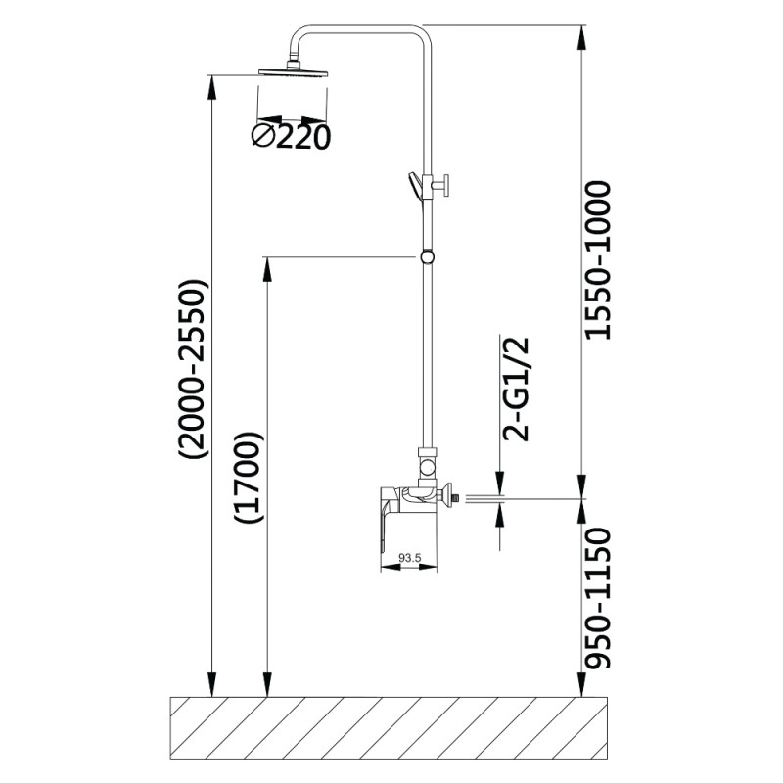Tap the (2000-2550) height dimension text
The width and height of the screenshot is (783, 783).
(193, 369)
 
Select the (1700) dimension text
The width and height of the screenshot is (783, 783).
(249, 477)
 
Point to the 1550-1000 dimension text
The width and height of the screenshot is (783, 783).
(597, 261)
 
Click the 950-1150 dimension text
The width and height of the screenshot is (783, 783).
(597, 598)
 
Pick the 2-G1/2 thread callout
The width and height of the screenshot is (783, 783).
(515, 390)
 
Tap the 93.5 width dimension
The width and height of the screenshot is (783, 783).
(409, 557)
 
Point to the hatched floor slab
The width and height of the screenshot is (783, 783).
(390, 728)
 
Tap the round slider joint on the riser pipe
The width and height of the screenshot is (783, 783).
(427, 257)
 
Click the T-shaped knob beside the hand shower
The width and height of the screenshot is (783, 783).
(442, 186)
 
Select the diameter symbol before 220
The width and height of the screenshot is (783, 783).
(263, 136)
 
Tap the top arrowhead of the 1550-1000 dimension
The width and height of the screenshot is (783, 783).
(582, 37)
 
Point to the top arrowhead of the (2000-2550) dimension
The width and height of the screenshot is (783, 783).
(212, 88)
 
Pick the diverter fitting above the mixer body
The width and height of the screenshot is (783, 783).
(427, 467)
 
